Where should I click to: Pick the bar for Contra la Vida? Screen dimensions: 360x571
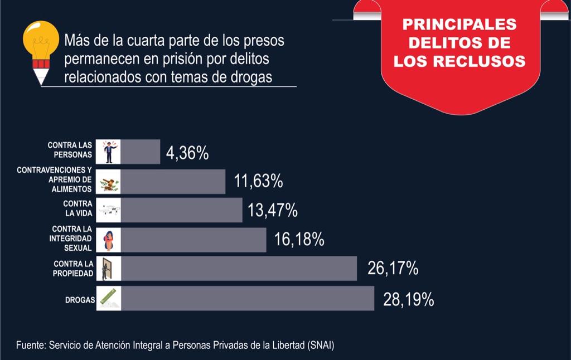coord(181,210)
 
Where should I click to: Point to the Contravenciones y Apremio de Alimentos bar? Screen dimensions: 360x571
coord(173,182)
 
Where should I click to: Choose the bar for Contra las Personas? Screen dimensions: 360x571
coord(140,152)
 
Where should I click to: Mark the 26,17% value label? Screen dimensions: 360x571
coord(393,269)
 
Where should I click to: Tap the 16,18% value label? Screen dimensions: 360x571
coord(299,240)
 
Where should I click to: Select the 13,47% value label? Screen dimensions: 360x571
coord(272,211)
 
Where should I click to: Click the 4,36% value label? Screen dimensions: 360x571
coord(187,153)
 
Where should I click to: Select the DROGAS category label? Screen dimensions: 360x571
coord(80,300)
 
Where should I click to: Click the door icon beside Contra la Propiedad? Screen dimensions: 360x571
coord(108,269)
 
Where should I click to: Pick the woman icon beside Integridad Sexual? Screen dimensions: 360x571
coord(108,240)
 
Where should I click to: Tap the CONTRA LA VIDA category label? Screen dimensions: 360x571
coord(78,210)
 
